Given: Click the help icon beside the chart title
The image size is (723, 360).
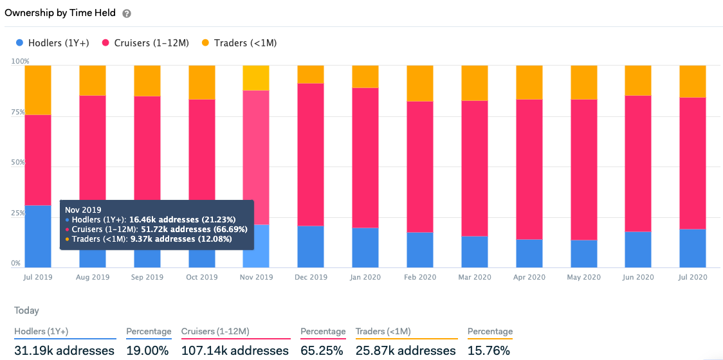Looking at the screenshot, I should [127, 14].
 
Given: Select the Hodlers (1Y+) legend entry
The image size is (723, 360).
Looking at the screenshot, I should [52, 43].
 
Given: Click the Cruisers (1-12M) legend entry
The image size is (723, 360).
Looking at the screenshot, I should [145, 43].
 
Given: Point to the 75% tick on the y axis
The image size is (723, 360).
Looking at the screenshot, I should [18, 113].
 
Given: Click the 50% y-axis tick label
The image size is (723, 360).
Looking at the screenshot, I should [18, 163].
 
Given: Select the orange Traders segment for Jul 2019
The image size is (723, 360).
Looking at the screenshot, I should [38, 90].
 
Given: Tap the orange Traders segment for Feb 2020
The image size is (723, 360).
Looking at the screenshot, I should [420, 84].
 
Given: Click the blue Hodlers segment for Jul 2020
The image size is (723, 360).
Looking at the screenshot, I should [693, 248].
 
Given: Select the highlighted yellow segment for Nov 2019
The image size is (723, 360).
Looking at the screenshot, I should [256, 78].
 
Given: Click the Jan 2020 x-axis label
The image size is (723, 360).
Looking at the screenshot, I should [365, 277].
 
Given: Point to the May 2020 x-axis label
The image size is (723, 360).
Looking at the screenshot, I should [584, 277].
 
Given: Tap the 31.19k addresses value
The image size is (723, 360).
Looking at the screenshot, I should [64, 350].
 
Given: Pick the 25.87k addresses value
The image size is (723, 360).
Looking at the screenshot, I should [405, 350].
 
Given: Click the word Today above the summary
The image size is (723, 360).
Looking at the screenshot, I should [27, 310].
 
